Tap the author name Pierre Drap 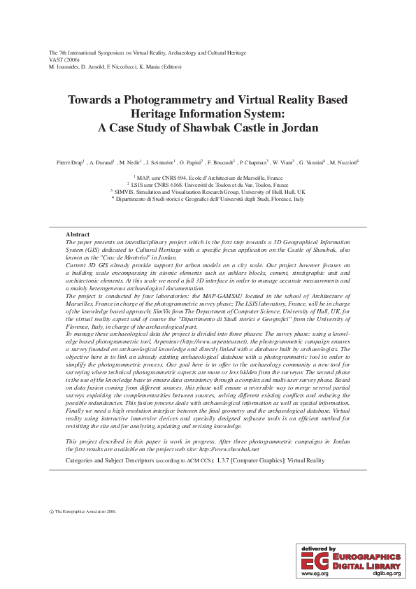(69, 162)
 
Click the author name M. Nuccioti (343, 162)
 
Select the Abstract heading (77, 234)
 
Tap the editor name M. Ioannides (64, 67)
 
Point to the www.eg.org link (315, 573)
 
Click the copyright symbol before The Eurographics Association (51, 511)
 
